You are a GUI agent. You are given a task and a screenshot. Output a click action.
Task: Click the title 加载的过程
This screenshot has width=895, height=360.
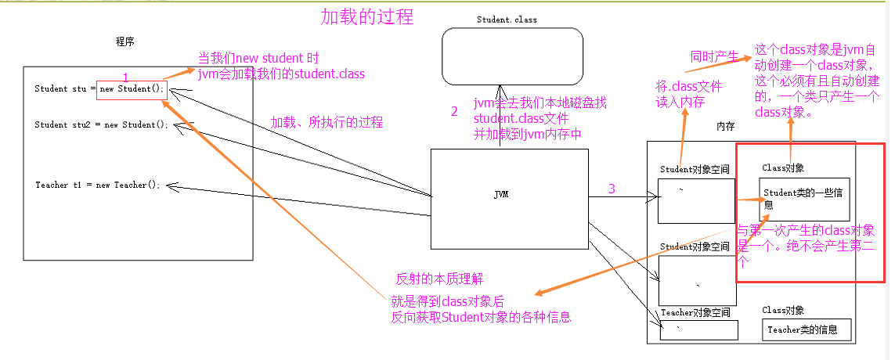point(367,16)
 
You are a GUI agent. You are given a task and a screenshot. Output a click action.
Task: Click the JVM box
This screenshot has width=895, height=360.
point(508,198)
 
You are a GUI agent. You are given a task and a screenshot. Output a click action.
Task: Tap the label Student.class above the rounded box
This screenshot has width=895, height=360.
point(507,20)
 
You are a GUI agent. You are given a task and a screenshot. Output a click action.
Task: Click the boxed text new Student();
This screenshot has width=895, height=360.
point(132,88)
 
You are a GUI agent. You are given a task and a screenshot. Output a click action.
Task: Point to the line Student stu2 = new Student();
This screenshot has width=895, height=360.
point(102,124)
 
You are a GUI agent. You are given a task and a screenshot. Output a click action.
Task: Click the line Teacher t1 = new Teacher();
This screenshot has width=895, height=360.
point(97,185)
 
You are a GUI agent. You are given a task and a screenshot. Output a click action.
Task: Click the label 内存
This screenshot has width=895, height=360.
point(725,127)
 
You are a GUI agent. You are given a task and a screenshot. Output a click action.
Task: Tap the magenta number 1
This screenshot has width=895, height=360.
point(125,77)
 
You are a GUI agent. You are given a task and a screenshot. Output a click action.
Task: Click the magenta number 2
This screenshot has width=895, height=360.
point(454,111)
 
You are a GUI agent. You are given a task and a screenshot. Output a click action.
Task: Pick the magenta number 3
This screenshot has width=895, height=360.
point(612,189)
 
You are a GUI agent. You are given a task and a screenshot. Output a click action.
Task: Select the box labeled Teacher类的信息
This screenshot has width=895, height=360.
point(806,330)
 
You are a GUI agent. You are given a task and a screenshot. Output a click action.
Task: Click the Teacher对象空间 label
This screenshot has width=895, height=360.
point(696,312)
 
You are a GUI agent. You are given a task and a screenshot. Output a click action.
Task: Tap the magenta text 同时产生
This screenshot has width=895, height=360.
point(714,56)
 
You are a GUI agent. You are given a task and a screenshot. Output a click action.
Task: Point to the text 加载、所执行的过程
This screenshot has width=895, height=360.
point(327,123)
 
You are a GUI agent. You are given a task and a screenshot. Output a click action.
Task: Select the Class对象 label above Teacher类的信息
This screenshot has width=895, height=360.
point(783,311)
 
